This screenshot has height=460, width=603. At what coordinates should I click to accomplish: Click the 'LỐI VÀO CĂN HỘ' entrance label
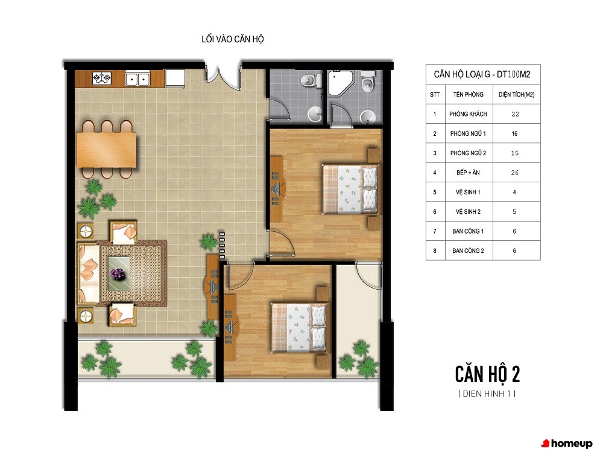[233, 39]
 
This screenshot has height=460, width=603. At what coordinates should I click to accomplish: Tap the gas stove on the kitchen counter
[102, 78]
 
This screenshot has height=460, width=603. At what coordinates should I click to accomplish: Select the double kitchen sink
[137, 79]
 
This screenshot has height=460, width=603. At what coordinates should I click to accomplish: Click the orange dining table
[106, 149]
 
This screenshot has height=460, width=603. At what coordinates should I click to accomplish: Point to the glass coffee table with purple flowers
[119, 273]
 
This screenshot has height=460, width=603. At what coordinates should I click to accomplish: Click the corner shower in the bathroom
[340, 83]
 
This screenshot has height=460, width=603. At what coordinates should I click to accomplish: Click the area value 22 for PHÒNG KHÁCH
[516, 114]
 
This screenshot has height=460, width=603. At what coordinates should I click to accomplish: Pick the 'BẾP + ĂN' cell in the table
[468, 173]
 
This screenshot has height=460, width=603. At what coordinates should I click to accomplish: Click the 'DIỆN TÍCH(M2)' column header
[517, 94]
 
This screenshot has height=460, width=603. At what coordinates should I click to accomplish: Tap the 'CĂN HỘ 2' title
[487, 374]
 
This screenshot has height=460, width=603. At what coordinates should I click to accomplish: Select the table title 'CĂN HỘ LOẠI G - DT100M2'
[482, 74]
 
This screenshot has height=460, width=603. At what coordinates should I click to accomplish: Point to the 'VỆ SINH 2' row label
[468, 212]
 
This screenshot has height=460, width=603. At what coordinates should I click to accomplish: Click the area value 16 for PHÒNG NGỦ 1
[514, 133]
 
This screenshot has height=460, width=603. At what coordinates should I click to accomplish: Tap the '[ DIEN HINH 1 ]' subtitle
[487, 394]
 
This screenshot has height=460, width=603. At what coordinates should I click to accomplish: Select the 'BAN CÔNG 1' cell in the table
[468, 231]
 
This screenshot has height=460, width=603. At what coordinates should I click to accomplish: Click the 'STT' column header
[435, 94]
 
